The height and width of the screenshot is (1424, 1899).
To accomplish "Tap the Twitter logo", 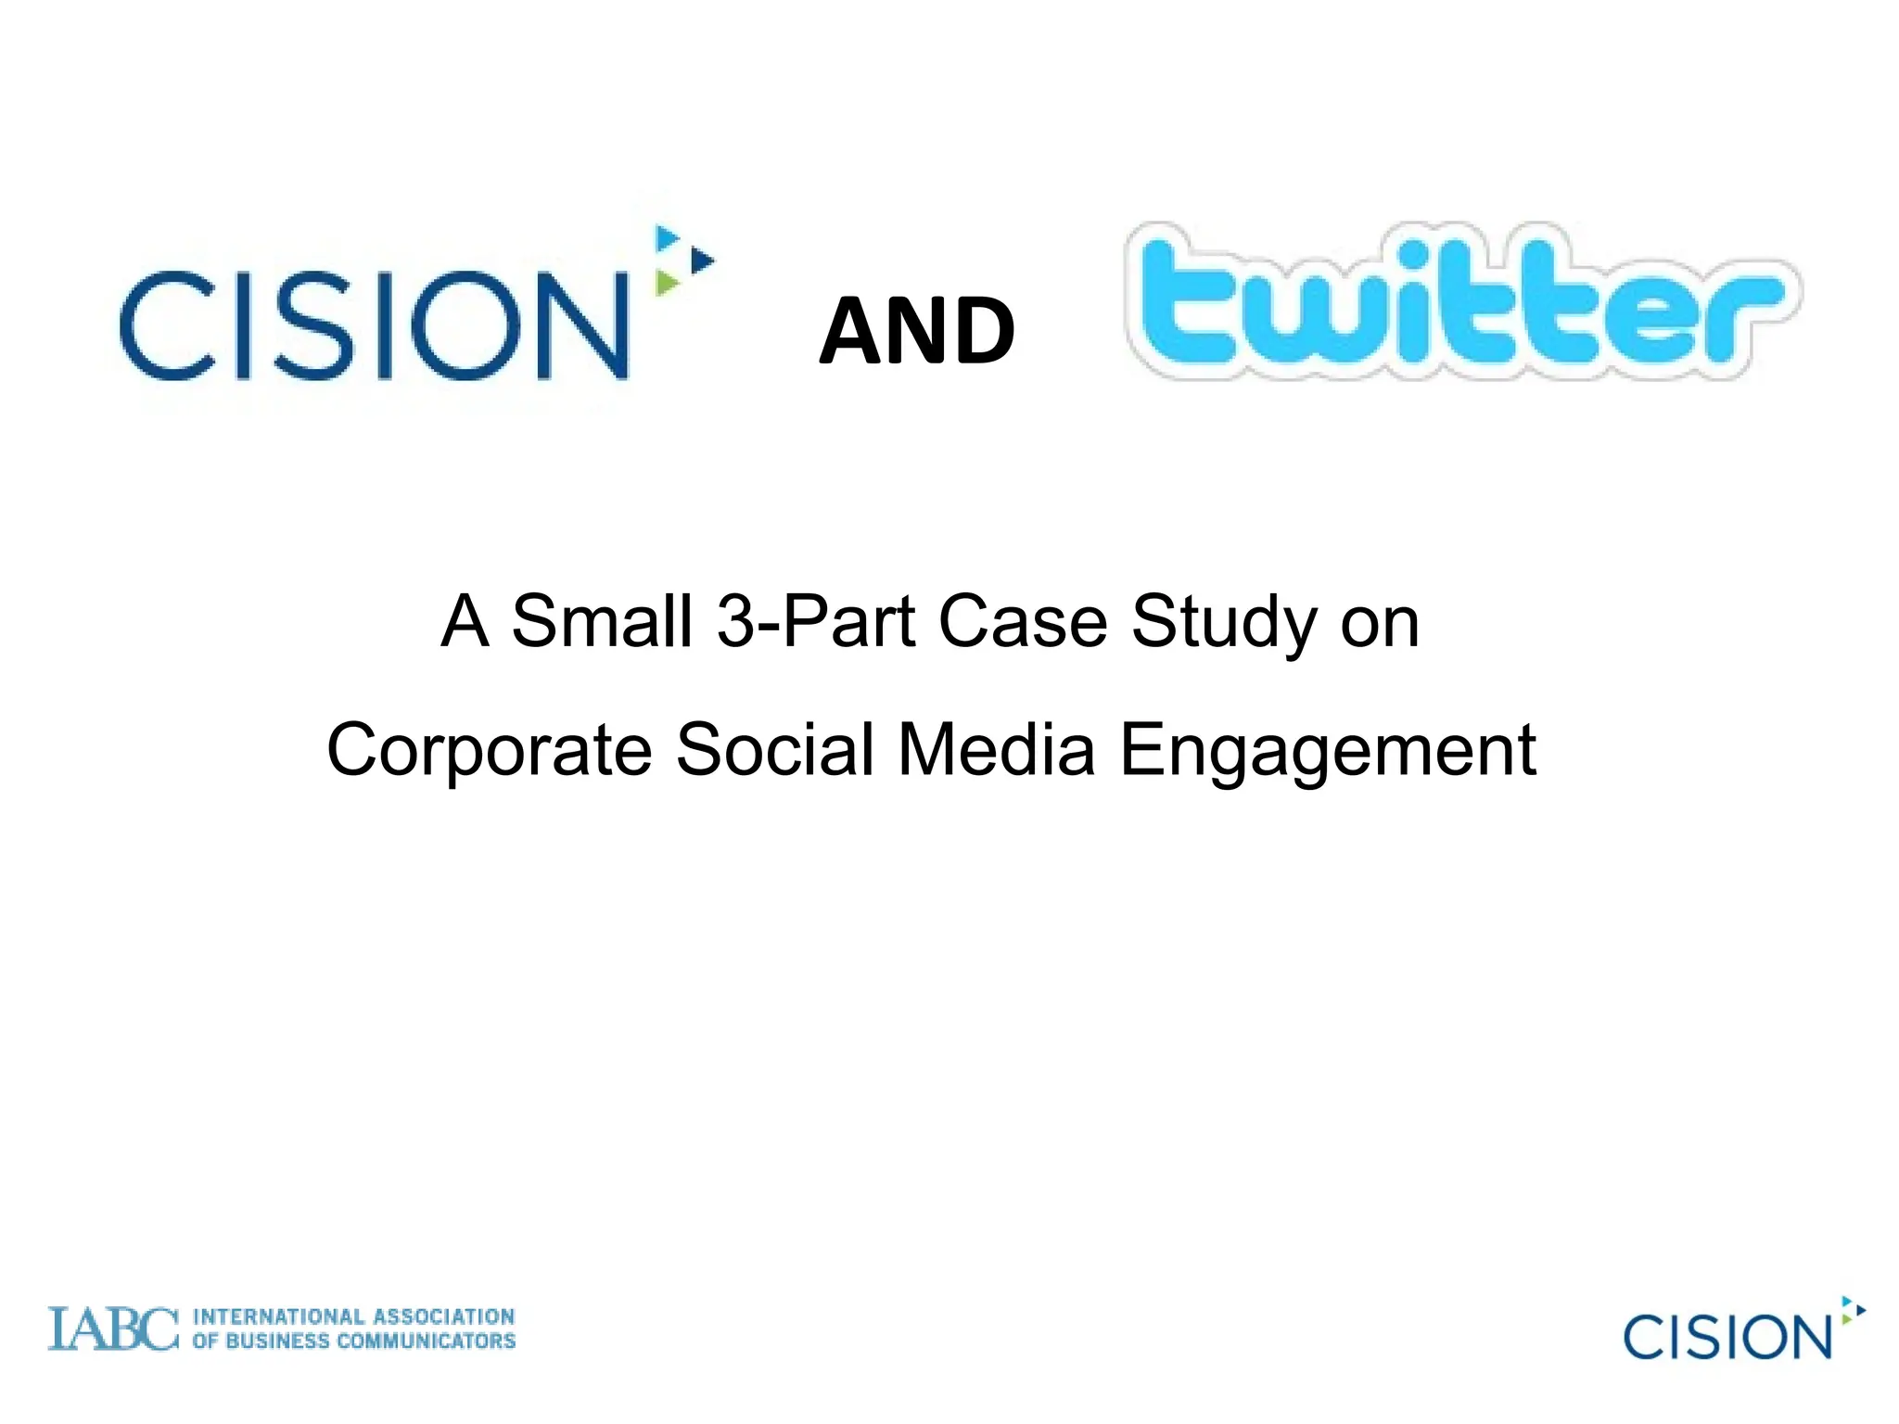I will click(1462, 301).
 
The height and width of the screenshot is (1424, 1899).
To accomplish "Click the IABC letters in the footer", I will click(112, 1329).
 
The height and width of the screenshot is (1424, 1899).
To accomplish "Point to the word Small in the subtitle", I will click(602, 621).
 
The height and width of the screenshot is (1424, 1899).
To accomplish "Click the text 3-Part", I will click(817, 621).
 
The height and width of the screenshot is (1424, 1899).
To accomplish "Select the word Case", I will click(1023, 621).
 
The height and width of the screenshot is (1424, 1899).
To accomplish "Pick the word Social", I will click(774, 749).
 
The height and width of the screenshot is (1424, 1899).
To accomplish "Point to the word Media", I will click(996, 749).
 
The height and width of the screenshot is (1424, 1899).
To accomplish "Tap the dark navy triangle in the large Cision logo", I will click(702, 261).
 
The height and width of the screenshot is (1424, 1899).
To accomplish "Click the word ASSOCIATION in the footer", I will click(443, 1316).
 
